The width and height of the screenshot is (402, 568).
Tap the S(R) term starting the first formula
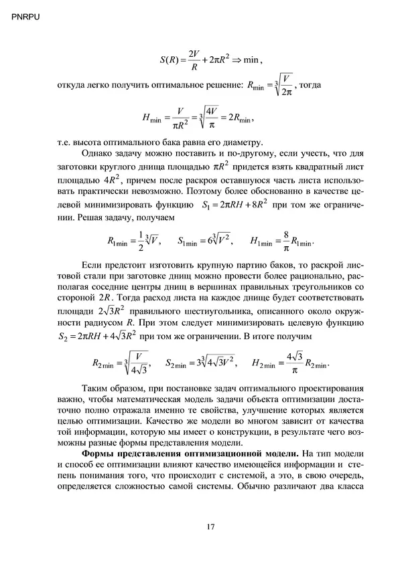[170, 60]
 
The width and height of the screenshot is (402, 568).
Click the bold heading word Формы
[89, 455]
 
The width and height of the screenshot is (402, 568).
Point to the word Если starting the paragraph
[91, 264]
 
